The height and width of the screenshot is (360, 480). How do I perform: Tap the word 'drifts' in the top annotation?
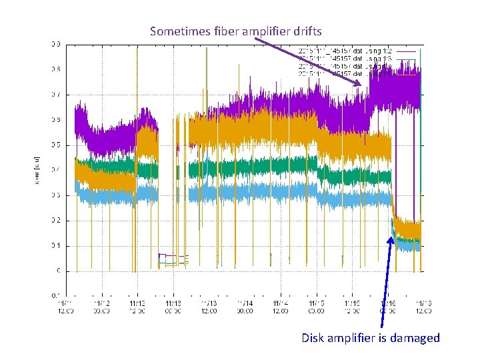click(x=306, y=31)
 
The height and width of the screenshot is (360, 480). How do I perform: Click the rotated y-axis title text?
click(x=38, y=170)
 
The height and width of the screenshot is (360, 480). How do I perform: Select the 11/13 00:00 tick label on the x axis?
click(x=173, y=306)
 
